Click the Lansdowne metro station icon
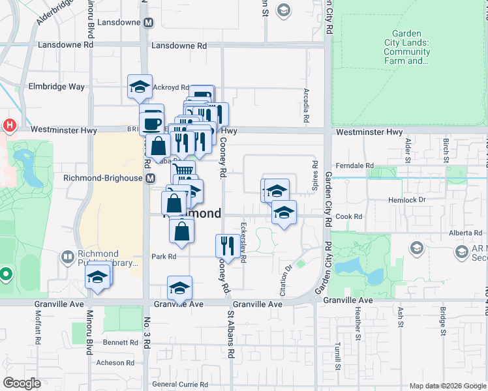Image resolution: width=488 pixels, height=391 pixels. point(149,22)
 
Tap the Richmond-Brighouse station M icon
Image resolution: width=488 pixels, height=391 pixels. point(151,178)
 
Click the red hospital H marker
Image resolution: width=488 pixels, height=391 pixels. point(9,124)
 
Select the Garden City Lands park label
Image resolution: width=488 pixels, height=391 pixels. point(407,48)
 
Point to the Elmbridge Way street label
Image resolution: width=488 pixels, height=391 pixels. point(57,86)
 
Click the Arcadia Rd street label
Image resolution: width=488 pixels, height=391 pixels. point(305,106)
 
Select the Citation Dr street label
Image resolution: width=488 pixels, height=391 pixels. point(285,268)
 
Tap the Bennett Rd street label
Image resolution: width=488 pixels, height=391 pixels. point(120,341)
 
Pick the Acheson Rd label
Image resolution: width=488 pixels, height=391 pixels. point(115,362)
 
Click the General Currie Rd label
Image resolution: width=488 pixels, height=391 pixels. point(179,384)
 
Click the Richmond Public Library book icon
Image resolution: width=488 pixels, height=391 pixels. point(67,257)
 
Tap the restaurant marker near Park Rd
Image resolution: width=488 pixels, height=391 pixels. point(226,245)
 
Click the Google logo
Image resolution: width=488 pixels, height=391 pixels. point(22,383)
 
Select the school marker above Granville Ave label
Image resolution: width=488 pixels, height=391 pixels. point(180,287)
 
